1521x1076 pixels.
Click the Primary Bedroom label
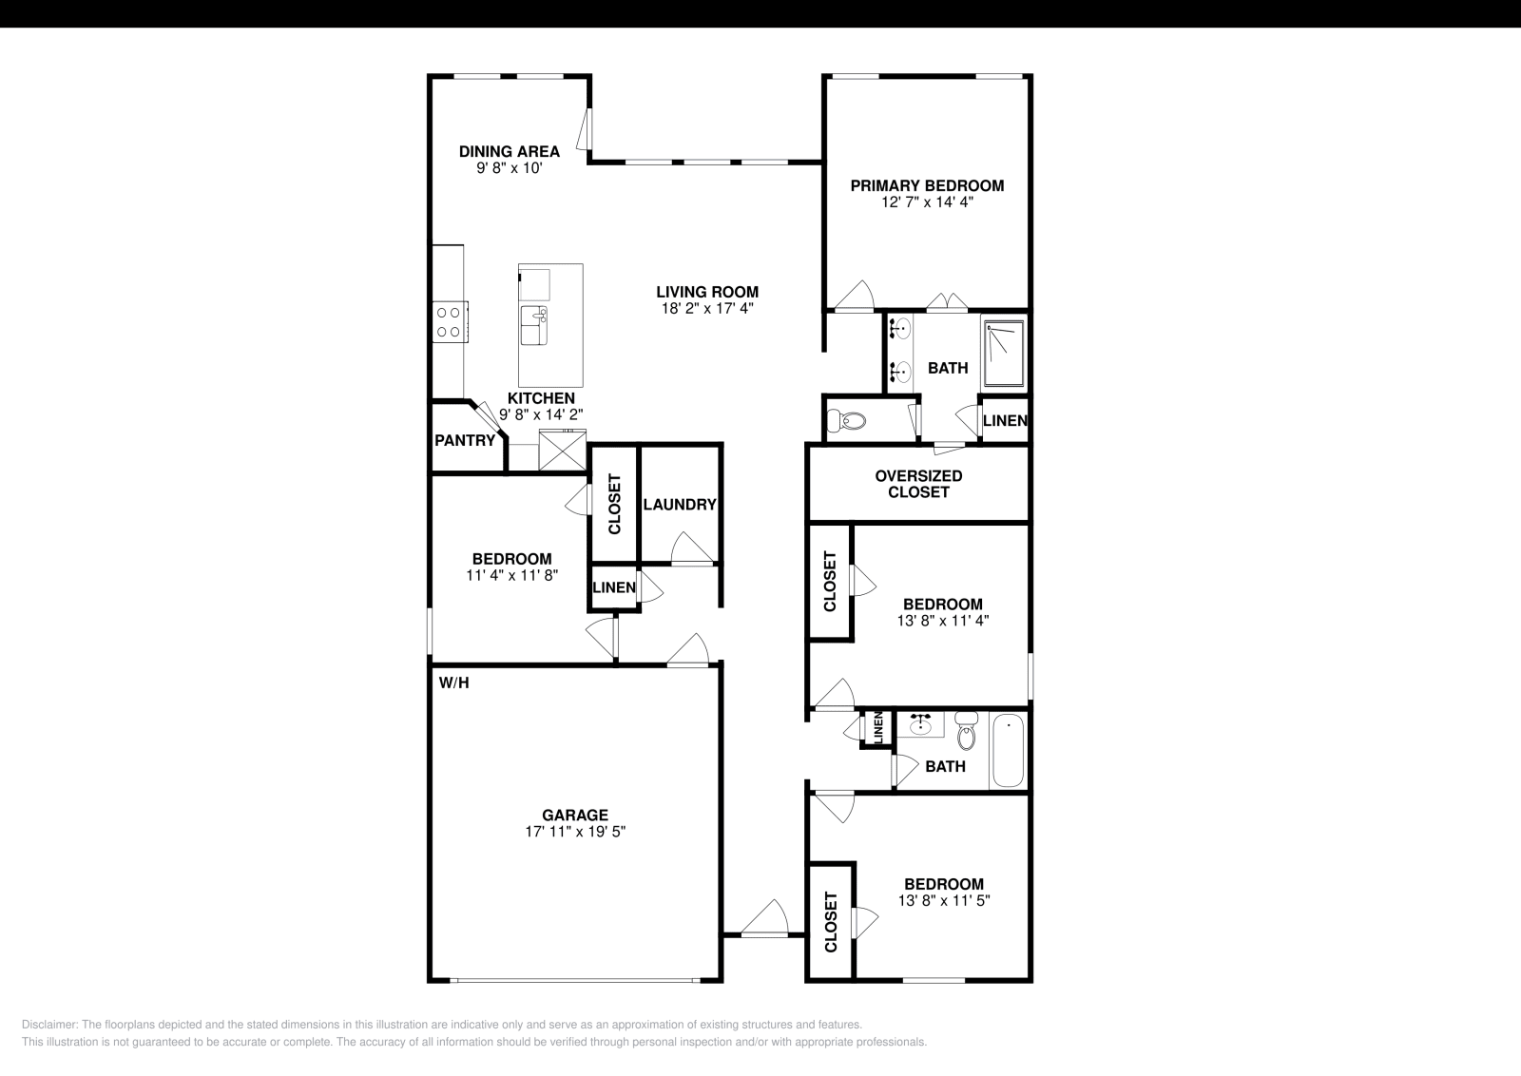pyautogui.click(x=926, y=185)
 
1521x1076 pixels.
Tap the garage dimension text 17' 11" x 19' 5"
pyautogui.click(x=574, y=832)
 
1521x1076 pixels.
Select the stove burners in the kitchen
pyautogui.click(x=449, y=321)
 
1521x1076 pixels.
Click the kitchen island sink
pyautogui.click(x=533, y=315)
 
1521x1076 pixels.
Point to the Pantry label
pyautogui.click(x=464, y=441)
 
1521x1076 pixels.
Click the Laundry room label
pyautogui.click(x=679, y=505)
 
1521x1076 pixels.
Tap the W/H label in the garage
pyautogui.click(x=453, y=682)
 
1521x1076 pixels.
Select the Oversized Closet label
pyautogui.click(x=918, y=484)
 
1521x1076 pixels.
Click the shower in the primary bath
pyautogui.click(x=1004, y=355)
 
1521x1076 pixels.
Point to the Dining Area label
pyautogui.click(x=509, y=151)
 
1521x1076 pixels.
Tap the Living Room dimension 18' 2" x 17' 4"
pyautogui.click(x=707, y=309)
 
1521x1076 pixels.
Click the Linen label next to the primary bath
pyautogui.click(x=1004, y=420)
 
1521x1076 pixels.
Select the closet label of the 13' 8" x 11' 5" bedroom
pyautogui.click(x=831, y=921)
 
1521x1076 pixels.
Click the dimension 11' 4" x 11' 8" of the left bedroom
pyautogui.click(x=511, y=575)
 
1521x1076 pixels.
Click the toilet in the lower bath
pyautogui.click(x=967, y=733)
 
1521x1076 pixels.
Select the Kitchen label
pyautogui.click(x=540, y=398)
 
